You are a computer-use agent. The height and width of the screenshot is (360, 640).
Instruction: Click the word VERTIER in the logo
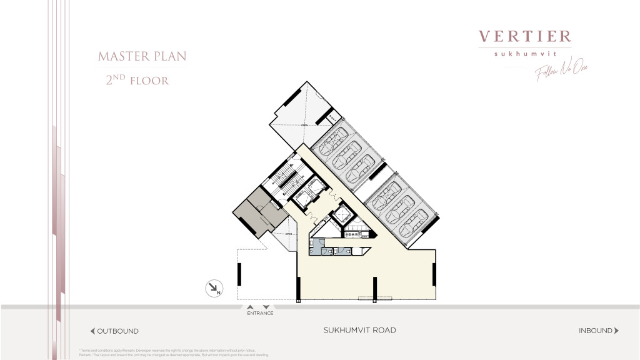click(525, 37)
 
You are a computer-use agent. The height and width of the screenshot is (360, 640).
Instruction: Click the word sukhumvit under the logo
click(525, 54)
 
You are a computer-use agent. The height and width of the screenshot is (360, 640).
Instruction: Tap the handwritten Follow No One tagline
click(561, 72)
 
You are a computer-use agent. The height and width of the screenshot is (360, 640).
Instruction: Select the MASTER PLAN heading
click(142, 57)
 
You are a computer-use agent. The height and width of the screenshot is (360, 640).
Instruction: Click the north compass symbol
click(214, 288)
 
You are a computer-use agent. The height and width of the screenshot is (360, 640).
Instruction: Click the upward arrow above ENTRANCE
click(250, 307)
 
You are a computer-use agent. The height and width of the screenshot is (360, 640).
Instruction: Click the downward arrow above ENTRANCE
click(266, 307)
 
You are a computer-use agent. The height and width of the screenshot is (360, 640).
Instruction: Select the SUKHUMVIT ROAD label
click(359, 331)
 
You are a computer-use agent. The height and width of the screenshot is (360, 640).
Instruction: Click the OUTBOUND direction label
click(118, 331)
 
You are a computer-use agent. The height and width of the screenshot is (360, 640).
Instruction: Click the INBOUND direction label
click(596, 331)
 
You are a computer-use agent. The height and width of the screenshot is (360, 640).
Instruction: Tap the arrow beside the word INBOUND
click(617, 331)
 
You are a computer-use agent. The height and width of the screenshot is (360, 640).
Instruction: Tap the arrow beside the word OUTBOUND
click(92, 331)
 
